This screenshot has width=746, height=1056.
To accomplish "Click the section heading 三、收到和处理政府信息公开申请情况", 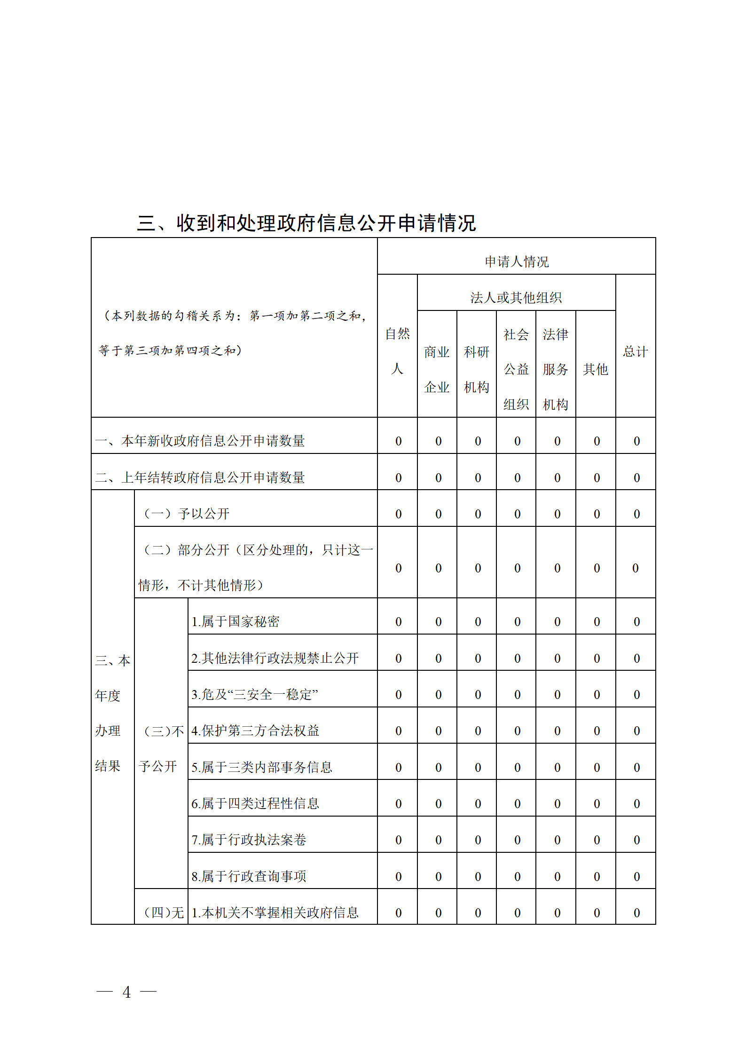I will pyautogui.click(x=306, y=223).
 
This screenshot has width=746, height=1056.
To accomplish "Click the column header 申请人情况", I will pyautogui.click(x=517, y=262).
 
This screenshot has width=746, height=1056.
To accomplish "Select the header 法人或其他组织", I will pyautogui.click(x=516, y=298).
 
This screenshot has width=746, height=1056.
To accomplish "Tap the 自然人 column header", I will pyautogui.click(x=397, y=351).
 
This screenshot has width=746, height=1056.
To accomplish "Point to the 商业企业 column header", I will pyautogui.click(x=437, y=369).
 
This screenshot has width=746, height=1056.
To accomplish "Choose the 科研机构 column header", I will pyautogui.click(x=477, y=369).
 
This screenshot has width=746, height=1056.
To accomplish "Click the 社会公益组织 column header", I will pyautogui.click(x=516, y=369).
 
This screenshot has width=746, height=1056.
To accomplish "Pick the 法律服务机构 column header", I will pyautogui.click(x=556, y=369).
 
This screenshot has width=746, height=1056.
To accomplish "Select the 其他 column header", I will pyautogui.click(x=596, y=369).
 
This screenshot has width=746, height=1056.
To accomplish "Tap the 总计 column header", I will pyautogui.click(x=636, y=351).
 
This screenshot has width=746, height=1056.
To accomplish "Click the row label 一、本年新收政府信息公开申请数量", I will pyautogui.click(x=200, y=441).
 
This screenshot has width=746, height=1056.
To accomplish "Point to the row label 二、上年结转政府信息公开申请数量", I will pyautogui.click(x=200, y=477).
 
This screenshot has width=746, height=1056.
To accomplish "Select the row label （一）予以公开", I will pyautogui.click(x=186, y=514).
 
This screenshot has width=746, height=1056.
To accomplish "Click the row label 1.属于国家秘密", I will pyautogui.click(x=236, y=621).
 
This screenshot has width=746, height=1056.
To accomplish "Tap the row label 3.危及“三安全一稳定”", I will pyautogui.click(x=255, y=694).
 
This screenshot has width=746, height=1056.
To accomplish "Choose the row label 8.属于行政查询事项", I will pyautogui.click(x=249, y=876).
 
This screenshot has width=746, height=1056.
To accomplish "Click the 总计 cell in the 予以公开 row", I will pyautogui.click(x=636, y=514).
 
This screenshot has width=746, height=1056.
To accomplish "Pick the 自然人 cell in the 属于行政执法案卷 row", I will pyautogui.click(x=398, y=840).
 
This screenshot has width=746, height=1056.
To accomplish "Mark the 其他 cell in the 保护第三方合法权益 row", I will pyautogui.click(x=597, y=731).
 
